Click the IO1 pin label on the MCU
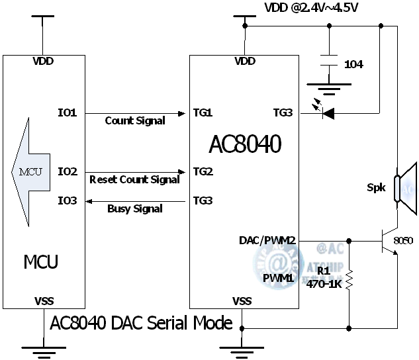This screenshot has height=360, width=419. (x=68, y=112)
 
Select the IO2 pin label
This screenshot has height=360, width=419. (x=68, y=171)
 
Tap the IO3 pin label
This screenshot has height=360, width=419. (x=68, y=200)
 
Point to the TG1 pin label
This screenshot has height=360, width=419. (x=203, y=112)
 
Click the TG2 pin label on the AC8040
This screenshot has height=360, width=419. (x=203, y=171)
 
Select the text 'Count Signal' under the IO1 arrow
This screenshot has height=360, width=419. (x=135, y=121)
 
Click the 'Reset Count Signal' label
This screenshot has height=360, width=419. (x=134, y=179)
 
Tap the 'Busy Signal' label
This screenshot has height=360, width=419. (x=135, y=209)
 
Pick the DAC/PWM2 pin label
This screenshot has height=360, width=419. (x=267, y=240)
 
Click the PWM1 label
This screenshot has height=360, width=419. (x=278, y=278)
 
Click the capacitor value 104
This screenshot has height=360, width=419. (x=353, y=64)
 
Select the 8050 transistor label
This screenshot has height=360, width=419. (x=403, y=241)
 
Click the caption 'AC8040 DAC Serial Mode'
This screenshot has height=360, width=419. (x=142, y=323)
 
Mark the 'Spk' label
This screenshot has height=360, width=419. (x=376, y=187)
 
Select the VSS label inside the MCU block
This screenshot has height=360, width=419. (x=44, y=301)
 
